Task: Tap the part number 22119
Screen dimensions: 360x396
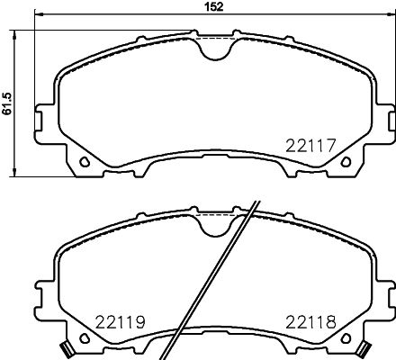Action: pos(121,321)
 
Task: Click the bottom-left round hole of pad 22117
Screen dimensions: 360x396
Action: pos(84,163)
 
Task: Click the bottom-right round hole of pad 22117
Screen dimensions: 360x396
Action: pos(346,163)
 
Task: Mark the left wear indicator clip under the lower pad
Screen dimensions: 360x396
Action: pos(66,349)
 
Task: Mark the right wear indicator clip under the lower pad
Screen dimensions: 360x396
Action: pos(364,349)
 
